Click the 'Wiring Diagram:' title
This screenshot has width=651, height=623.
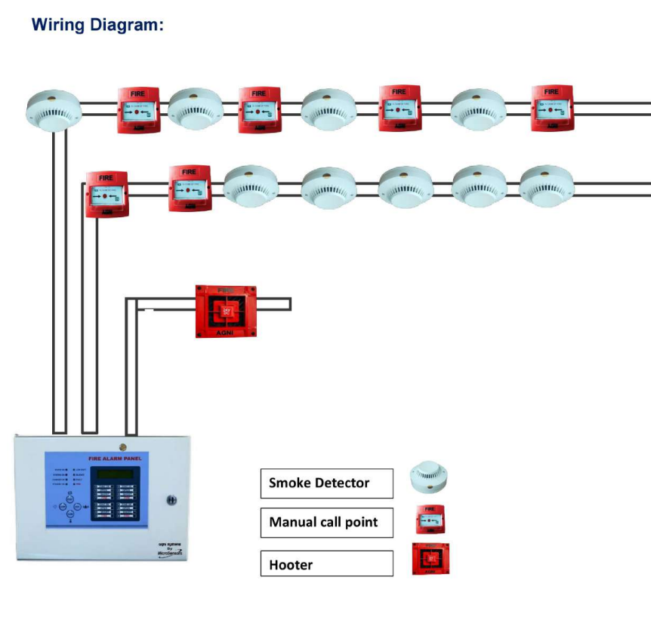tap(97, 24)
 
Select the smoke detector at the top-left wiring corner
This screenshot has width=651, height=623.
tap(54, 109)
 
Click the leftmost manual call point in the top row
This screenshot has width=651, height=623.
tap(138, 110)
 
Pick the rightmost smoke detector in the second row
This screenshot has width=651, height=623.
tap(547, 186)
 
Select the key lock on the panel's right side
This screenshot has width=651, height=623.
tap(172, 500)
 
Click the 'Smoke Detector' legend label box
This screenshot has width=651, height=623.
tap(326, 483)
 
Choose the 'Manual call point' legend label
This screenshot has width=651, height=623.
tap(326, 523)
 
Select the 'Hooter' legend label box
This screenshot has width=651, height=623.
tap(326, 563)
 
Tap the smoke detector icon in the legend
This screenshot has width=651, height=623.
tap(429, 477)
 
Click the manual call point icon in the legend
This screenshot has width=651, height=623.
tap(429, 520)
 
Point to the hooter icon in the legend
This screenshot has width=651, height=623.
tap(428, 559)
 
